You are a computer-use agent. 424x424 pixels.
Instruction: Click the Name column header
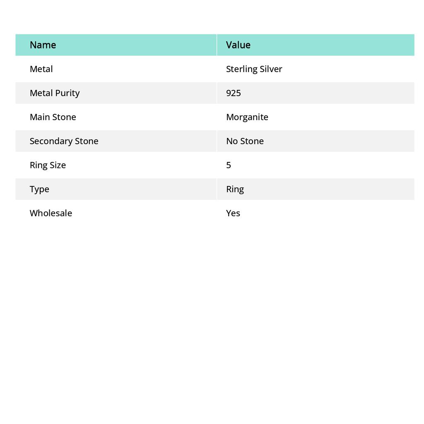[x=43, y=45]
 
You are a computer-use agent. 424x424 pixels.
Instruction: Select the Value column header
[x=238, y=45]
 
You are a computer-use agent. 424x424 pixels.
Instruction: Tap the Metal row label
[x=41, y=69]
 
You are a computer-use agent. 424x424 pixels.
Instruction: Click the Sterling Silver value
[x=254, y=69]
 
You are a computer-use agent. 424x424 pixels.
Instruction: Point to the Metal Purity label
[x=54, y=93]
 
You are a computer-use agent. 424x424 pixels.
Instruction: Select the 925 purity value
[x=234, y=93]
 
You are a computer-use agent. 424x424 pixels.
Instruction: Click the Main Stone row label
[x=53, y=117]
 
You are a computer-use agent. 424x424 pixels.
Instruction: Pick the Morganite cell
[x=247, y=117]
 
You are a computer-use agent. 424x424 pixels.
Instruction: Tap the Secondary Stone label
[x=64, y=141]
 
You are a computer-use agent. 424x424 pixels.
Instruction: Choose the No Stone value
[x=245, y=141]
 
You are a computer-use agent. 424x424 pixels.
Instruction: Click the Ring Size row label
[x=48, y=165]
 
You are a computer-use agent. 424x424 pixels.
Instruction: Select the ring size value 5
[x=229, y=165]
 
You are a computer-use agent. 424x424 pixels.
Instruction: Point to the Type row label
[x=39, y=189]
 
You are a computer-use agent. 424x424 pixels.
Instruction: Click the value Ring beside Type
[x=235, y=189]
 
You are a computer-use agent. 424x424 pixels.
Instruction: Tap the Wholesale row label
[x=51, y=213]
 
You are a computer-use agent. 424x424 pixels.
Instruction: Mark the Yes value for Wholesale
[x=233, y=213]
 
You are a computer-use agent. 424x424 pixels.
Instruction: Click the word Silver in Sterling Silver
[x=271, y=69]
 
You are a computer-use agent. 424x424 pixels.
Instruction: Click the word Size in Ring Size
[x=58, y=165]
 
